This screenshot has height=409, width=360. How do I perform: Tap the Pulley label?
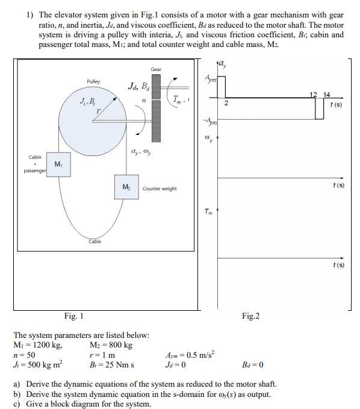[93, 81]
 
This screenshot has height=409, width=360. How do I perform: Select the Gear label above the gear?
[156, 69]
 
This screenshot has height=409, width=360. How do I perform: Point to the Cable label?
[95, 242]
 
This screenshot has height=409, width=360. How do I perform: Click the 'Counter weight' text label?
[160, 189]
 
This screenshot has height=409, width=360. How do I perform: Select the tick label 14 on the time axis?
[326, 95]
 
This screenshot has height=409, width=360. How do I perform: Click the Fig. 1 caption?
[74, 316]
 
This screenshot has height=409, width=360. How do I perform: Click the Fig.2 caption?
[250, 316]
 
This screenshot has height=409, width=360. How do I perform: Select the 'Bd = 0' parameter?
[252, 364]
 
